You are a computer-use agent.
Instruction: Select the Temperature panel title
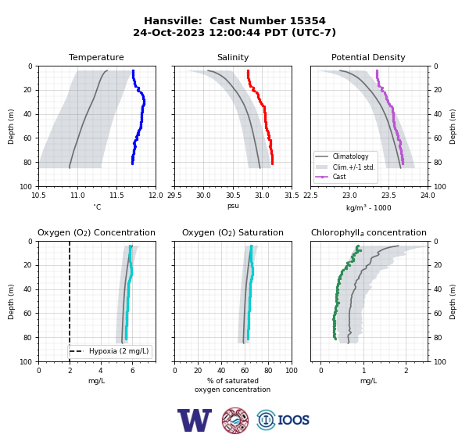tap(96, 57)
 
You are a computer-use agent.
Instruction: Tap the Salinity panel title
tap(233, 57)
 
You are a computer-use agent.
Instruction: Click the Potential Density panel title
tap(368, 57)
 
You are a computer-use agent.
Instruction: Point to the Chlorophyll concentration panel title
tap(369, 232)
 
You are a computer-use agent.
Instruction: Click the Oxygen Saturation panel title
tap(233, 232)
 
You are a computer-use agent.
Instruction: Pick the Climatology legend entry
tap(343, 156)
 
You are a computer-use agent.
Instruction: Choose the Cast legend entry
tap(331, 177)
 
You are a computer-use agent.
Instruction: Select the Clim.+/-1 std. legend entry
tap(345, 167)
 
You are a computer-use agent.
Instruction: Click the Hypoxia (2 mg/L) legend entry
tap(109, 351)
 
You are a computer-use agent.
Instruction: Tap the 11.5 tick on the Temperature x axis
tap(116, 196)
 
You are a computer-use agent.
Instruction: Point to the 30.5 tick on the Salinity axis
tap(233, 196)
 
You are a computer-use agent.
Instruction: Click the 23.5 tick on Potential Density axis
tap(388, 196)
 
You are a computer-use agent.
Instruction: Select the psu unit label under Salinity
tap(233, 206)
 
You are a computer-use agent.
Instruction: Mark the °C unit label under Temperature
tap(97, 206)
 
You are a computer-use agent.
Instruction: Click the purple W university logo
tap(195, 420)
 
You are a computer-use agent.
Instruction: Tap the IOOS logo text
tap(293, 420)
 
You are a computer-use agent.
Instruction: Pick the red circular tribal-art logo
tap(235, 420)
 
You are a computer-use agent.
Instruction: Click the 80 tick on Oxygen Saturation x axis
tap(268, 371)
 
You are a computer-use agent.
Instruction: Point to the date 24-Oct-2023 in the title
tap(169, 32)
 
